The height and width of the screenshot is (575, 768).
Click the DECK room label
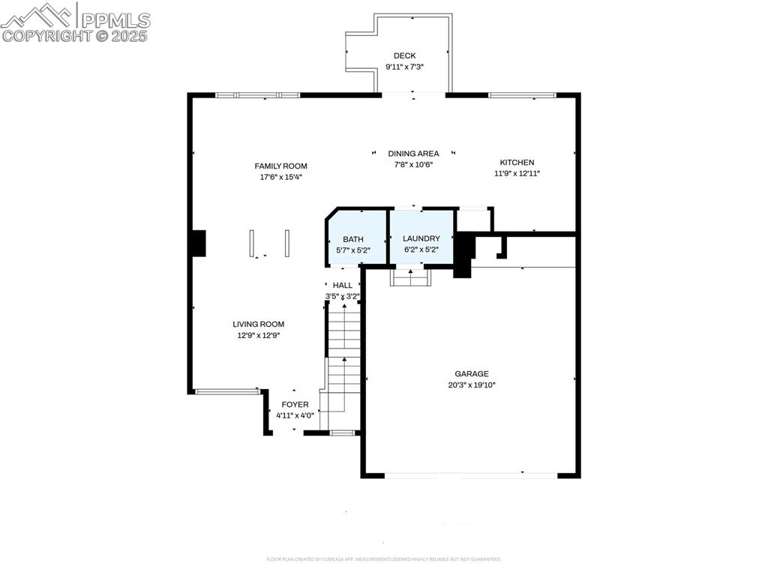[404, 55]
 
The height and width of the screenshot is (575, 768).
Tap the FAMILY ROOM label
[280, 166]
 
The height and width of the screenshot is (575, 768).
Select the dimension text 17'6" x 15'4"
[280, 177]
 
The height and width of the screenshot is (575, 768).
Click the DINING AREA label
[413, 154]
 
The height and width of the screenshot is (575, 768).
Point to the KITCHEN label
[517, 162]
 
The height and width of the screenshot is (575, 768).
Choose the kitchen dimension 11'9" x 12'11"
[517, 173]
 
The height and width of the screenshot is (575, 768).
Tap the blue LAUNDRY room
[421, 237]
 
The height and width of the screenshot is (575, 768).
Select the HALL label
[343, 285]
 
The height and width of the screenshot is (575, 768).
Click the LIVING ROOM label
[258, 324]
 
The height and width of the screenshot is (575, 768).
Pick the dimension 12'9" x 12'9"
[258, 335]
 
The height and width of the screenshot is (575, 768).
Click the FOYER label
[295, 404]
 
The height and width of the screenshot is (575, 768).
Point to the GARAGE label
[471, 373]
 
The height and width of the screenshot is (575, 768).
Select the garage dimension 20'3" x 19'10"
[471, 385]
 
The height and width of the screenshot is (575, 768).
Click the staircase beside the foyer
[343, 360]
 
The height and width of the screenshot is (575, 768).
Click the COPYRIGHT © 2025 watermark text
[75, 35]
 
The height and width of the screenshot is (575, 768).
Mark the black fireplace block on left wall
[197, 243]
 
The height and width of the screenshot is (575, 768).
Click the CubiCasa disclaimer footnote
[383, 559]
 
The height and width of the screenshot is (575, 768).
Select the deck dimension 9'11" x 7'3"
[404, 67]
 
